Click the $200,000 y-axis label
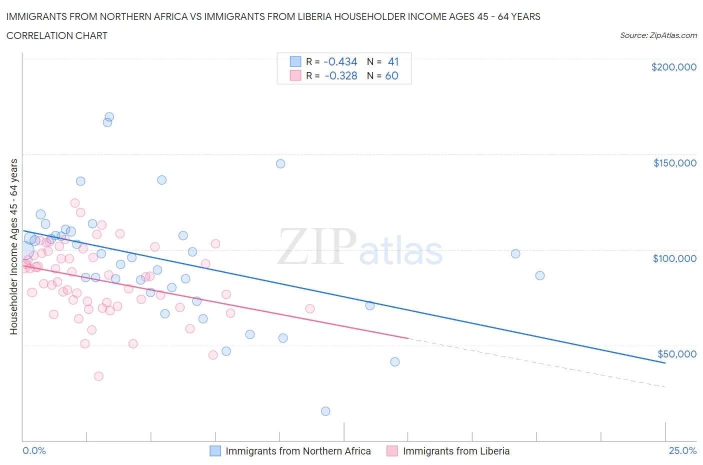point(673,67)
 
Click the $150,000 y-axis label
point(674,163)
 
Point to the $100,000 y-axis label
point(674,258)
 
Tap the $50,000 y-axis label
point(676,354)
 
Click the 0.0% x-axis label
point(34,450)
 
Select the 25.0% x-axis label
point(682,450)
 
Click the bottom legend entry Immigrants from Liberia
point(456,451)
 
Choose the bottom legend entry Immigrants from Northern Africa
point(298,451)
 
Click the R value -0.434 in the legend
point(340,61)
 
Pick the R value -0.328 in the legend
point(340,75)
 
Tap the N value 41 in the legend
point(393,61)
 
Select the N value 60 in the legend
point(391,75)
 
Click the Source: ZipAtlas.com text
point(658,35)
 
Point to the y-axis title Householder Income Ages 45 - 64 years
point(13,246)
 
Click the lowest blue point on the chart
point(325,411)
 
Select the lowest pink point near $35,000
point(98,376)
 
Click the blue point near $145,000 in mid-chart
point(280,163)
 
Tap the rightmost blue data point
point(539,275)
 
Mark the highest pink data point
point(75,203)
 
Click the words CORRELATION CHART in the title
point(57,35)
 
